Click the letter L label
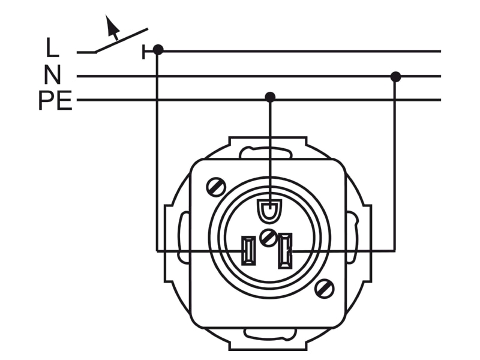[52, 47]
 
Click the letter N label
[52, 74]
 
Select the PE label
[55, 100]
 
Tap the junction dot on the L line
[158, 50]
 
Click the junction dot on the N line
[395, 77]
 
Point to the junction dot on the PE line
[269, 97]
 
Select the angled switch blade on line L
[122, 41]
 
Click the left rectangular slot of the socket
[248, 250]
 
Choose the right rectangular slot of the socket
[284, 251]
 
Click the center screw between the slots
[268, 238]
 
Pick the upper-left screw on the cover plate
[216, 187]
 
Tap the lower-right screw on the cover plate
[324, 288]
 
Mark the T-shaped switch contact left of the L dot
[148, 52]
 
